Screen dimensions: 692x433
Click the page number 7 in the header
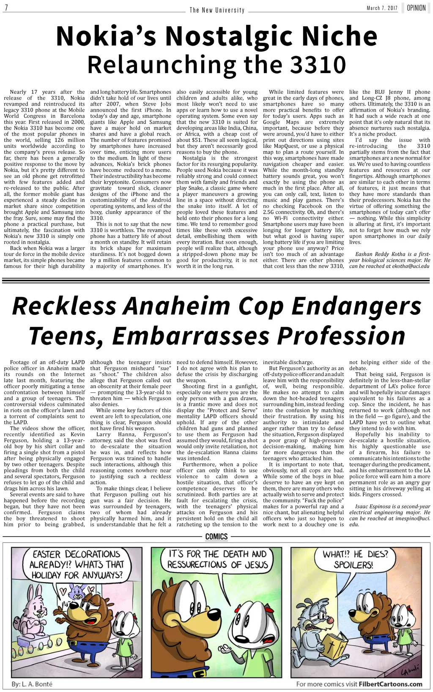coord(7,8)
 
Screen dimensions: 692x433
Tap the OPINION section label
coord(416,8)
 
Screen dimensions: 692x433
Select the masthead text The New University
coord(217,10)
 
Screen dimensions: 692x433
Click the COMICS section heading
coord(216,537)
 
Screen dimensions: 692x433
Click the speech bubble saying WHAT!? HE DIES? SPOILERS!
coord(354,559)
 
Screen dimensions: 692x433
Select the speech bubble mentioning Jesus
coord(217,559)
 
